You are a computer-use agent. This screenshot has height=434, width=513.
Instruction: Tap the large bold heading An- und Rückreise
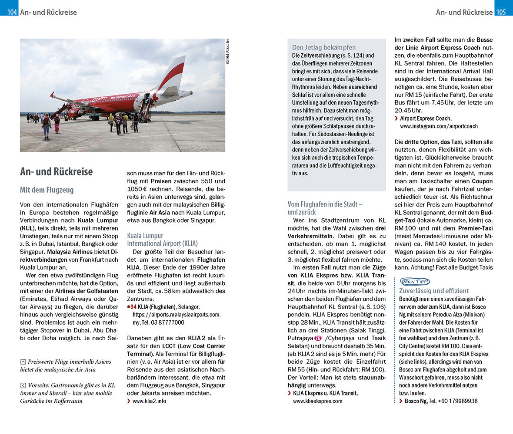56,171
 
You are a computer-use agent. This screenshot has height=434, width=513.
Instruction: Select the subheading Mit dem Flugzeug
47,190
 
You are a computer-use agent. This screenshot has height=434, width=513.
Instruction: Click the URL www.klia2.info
149,401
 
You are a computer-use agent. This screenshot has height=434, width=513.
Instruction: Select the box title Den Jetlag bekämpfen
323,47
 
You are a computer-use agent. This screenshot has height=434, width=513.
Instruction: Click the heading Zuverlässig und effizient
434,291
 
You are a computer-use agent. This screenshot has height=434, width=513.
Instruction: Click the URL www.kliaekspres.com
317,401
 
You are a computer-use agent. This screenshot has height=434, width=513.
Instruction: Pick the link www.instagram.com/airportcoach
439,126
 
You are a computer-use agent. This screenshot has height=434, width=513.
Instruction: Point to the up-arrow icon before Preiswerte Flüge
23,362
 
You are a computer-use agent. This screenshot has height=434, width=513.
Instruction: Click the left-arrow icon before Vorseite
23,385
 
